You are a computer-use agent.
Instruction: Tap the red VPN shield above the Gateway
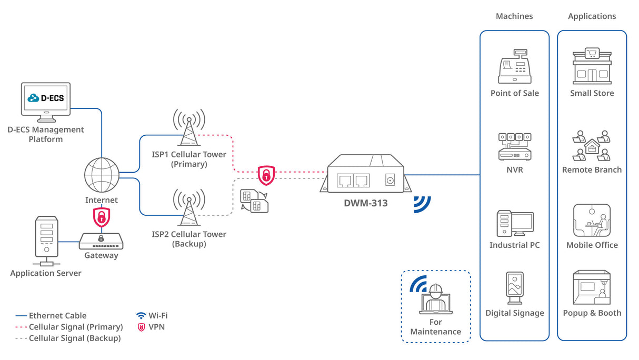(101, 216)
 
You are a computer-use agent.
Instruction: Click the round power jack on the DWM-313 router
(390, 181)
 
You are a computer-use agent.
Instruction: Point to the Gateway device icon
(101, 241)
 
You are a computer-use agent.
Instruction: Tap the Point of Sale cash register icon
(514, 67)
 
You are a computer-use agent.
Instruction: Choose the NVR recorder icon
(514, 146)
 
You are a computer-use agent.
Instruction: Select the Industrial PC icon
(514, 223)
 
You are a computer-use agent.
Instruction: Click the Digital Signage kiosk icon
(514, 288)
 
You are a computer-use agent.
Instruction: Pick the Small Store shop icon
(592, 67)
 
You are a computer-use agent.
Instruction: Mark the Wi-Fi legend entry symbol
(141, 316)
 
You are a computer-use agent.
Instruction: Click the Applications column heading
(592, 16)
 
